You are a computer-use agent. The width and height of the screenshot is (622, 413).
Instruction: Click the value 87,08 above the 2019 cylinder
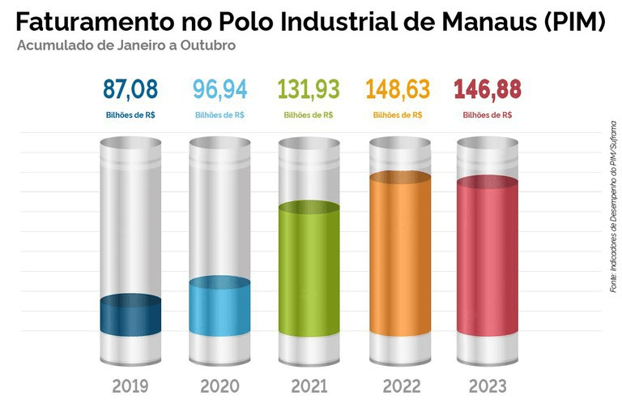[130, 88]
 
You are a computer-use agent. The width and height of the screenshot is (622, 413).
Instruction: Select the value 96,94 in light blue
[219, 88]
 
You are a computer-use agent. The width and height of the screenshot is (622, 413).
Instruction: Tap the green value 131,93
[309, 88]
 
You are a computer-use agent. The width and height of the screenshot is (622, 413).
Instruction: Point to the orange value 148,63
[398, 88]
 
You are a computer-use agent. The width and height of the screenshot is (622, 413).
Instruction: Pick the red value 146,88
[487, 88]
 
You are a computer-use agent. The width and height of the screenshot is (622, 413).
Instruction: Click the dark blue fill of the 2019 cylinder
[130, 316]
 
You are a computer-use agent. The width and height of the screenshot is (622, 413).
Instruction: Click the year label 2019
[130, 386]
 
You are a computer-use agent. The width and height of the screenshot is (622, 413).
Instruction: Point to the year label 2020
[219, 386]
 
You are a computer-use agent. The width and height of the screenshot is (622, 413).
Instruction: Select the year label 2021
[309, 386]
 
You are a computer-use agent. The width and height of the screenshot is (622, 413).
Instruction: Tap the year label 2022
[398, 386]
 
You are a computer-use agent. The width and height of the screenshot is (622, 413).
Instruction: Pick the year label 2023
[487, 386]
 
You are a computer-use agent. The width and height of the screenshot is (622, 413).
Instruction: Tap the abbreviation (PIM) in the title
[574, 22]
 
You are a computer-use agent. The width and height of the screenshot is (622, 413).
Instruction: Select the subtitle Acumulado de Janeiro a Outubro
[126, 46]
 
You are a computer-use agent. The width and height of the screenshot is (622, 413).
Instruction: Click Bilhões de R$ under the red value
[487, 115]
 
